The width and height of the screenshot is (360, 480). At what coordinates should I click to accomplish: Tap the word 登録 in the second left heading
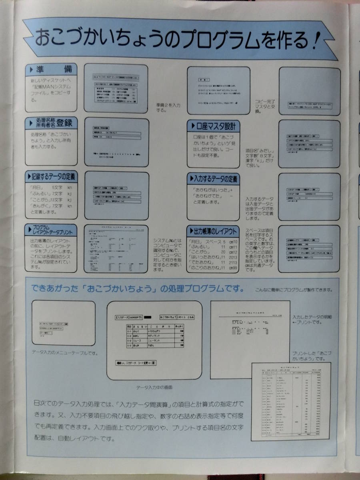point(65,123)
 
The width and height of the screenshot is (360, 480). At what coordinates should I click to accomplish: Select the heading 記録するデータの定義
point(52,176)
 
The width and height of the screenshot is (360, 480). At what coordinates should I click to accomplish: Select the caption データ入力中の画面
point(154,388)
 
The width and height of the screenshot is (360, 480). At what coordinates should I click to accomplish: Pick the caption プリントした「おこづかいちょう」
point(313,356)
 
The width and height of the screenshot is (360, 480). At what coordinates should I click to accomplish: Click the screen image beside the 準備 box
point(116,88)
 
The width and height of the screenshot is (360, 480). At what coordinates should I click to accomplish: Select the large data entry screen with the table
point(154,340)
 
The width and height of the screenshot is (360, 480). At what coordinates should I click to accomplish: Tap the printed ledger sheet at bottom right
point(291,401)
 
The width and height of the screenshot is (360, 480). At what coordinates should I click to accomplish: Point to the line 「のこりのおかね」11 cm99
point(213,268)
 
